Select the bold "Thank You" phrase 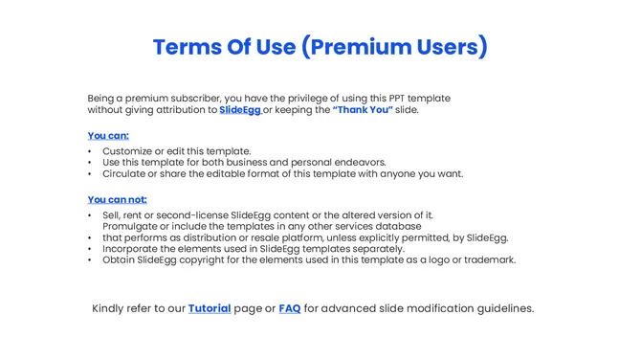coord(363,110)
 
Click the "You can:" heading coord(108,136)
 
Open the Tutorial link coord(210,308)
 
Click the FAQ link coord(289,308)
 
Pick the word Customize coord(128,151)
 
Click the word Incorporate coord(132,249)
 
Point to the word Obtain coord(119,260)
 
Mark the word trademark coord(489,260)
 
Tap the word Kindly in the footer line coord(111,308)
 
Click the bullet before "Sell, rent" coord(90,216)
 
